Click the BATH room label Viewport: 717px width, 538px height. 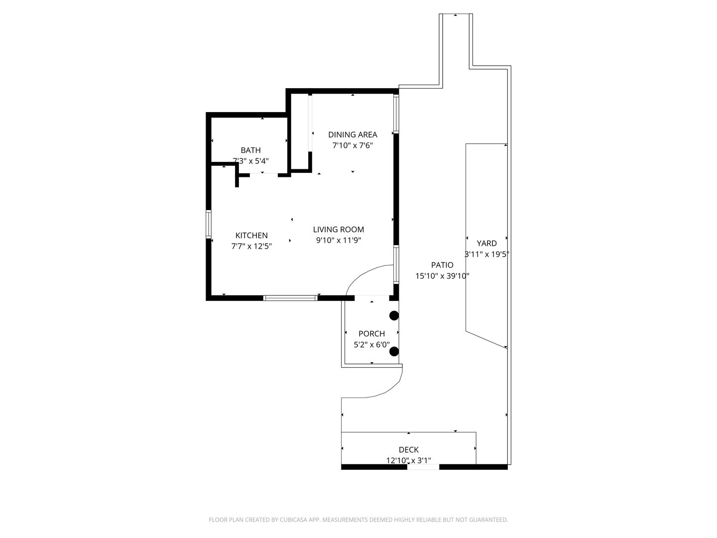tap(250, 150)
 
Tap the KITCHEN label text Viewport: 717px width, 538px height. tap(251, 236)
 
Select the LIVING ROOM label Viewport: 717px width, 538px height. tap(339, 230)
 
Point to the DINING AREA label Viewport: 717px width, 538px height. tap(353, 134)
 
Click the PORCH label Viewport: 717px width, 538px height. tap(372, 334)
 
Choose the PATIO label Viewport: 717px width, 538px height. tap(442, 265)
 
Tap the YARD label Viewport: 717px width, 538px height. tap(486, 244)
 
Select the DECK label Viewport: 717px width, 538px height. tap(409, 450)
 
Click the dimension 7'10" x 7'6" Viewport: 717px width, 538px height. tap(353, 145)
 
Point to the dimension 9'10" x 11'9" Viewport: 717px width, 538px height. tap(339, 241)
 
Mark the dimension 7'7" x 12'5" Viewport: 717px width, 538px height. tap(251, 246)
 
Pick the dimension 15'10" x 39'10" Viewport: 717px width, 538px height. tap(442, 276)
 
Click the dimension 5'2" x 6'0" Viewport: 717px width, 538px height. tap(372, 345)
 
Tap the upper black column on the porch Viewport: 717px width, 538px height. tap(394, 315)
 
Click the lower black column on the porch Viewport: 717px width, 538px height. tap(394, 352)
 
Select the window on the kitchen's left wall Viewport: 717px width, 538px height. tap(209, 224)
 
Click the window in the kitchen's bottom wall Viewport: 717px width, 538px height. tap(290, 298)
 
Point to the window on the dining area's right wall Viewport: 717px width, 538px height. tap(396, 114)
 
